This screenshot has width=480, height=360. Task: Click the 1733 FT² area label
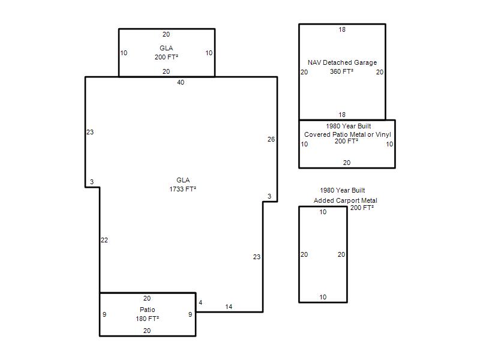click(x=183, y=189)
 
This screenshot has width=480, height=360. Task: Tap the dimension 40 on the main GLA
click(x=181, y=82)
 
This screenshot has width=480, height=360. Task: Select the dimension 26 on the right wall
click(x=271, y=139)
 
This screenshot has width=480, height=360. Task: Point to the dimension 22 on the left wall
click(x=104, y=240)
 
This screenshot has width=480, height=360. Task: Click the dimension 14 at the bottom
click(x=229, y=307)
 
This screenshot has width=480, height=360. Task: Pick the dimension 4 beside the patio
click(x=200, y=302)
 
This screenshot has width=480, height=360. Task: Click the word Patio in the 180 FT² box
click(x=147, y=310)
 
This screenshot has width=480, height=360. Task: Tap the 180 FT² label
click(x=147, y=319)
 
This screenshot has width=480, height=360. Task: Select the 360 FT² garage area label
click(x=341, y=71)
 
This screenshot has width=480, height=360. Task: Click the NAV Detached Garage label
click(x=342, y=62)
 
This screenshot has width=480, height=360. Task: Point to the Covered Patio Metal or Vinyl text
click(x=347, y=134)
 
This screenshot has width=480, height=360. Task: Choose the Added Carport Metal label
click(x=346, y=200)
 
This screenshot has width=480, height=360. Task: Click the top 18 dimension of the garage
click(x=342, y=29)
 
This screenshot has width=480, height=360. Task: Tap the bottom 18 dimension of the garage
click(x=342, y=115)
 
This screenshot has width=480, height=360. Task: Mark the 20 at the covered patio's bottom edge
click(x=347, y=163)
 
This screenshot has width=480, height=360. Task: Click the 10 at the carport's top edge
click(x=323, y=212)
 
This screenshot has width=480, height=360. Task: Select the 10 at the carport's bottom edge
click(x=323, y=297)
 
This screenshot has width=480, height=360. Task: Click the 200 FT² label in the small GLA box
click(x=166, y=57)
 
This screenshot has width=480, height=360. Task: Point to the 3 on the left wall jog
click(x=92, y=182)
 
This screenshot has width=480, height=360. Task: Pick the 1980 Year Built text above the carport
click(x=342, y=190)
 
